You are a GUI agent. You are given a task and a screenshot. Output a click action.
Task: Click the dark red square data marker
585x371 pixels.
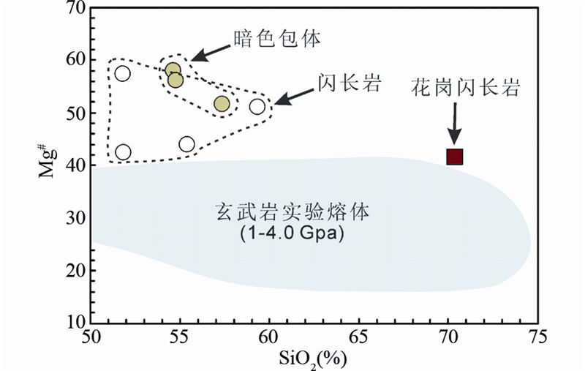455,157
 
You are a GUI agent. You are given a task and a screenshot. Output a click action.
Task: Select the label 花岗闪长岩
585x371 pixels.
465,89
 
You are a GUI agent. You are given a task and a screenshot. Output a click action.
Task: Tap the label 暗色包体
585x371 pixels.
277,40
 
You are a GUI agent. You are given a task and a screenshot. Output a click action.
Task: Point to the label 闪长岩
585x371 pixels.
350,82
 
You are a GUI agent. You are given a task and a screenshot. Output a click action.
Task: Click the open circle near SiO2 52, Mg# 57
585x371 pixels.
123,73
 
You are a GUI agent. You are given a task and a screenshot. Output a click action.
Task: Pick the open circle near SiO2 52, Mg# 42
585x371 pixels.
123,152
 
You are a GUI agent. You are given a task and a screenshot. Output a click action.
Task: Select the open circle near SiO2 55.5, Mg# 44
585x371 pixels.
186,144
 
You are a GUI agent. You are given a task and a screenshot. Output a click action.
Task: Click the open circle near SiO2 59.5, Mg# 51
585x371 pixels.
257,107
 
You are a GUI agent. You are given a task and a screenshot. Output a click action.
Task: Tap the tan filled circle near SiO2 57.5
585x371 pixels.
222,104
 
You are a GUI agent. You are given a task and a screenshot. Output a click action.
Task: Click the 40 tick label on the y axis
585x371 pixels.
76,166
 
